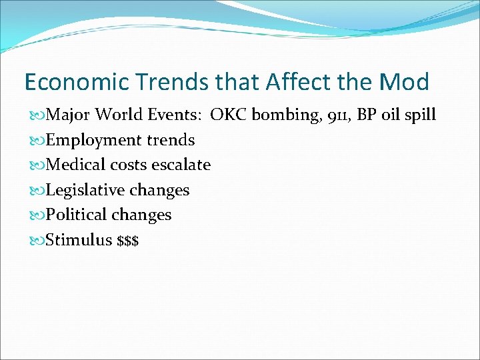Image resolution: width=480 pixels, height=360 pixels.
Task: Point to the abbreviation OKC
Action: [227, 115]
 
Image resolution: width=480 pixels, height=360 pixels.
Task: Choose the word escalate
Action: [181, 165]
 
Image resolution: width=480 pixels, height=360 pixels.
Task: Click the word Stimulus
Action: [79, 240]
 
